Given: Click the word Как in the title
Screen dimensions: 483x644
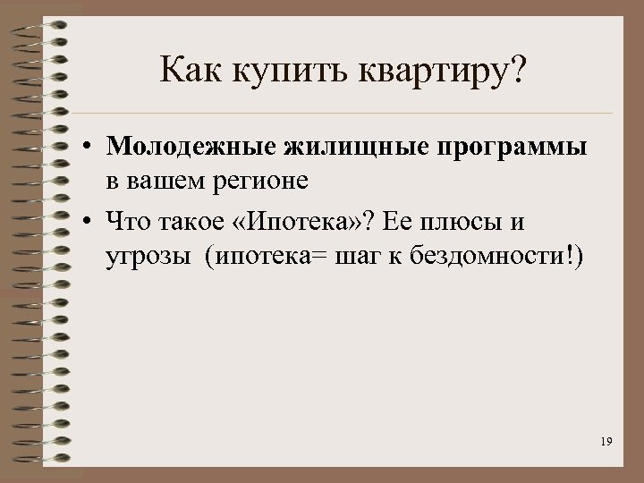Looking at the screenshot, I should coord(187,71).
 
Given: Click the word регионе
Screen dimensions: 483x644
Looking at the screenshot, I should coord(260,182).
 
